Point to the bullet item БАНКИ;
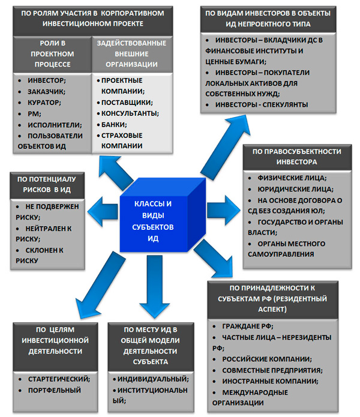click(114, 124)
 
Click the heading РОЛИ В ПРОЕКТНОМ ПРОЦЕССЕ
click(53, 53)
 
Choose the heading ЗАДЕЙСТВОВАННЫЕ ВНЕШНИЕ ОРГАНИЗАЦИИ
click(132, 53)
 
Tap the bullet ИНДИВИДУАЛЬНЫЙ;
click(149, 379)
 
